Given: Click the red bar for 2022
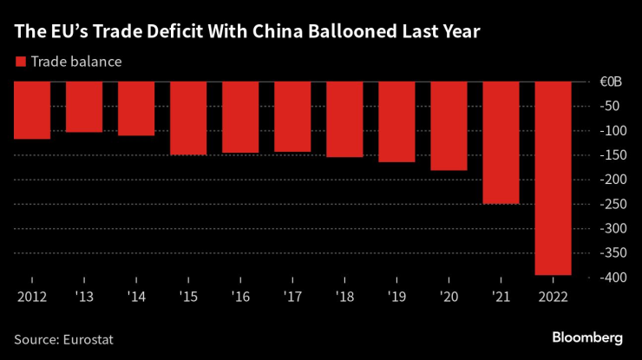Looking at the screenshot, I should click(553, 178).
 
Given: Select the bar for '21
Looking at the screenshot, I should click(501, 142).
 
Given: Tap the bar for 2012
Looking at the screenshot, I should click(32, 110).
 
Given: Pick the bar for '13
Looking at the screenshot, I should click(84, 107).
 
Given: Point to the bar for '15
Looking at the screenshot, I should click(188, 118).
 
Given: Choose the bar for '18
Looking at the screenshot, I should click(344, 119).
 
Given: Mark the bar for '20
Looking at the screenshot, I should click(449, 126).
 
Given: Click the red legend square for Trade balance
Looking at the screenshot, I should click(20, 62).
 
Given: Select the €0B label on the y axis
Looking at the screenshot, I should click(611, 82).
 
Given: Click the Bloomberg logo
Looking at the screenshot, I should click(587, 336).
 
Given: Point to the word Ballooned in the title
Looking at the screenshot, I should click(362, 33).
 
